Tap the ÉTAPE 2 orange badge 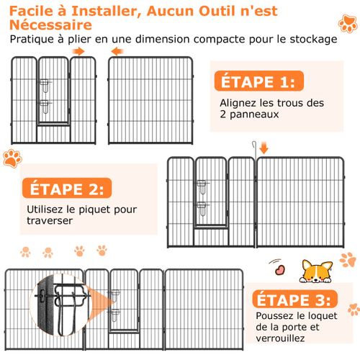coord(66,189)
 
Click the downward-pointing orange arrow coord(264,148)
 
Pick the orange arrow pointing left coord(116,52)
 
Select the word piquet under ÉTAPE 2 coord(101,210)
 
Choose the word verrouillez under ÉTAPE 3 coord(280,338)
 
